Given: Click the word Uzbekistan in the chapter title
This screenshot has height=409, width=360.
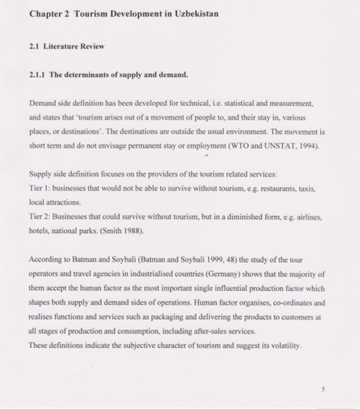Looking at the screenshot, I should pyautogui.click(x=196, y=14).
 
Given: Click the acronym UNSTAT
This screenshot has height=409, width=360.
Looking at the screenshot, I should pyautogui.click(x=279, y=146).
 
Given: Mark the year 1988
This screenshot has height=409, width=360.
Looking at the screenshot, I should pyautogui.click(x=133, y=231).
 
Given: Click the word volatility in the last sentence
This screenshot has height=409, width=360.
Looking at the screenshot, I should pyautogui.click(x=286, y=345).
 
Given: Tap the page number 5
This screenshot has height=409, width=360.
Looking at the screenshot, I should pyautogui.click(x=323, y=389).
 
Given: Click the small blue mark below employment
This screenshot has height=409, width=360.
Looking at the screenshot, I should pyautogui.click(x=206, y=154).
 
